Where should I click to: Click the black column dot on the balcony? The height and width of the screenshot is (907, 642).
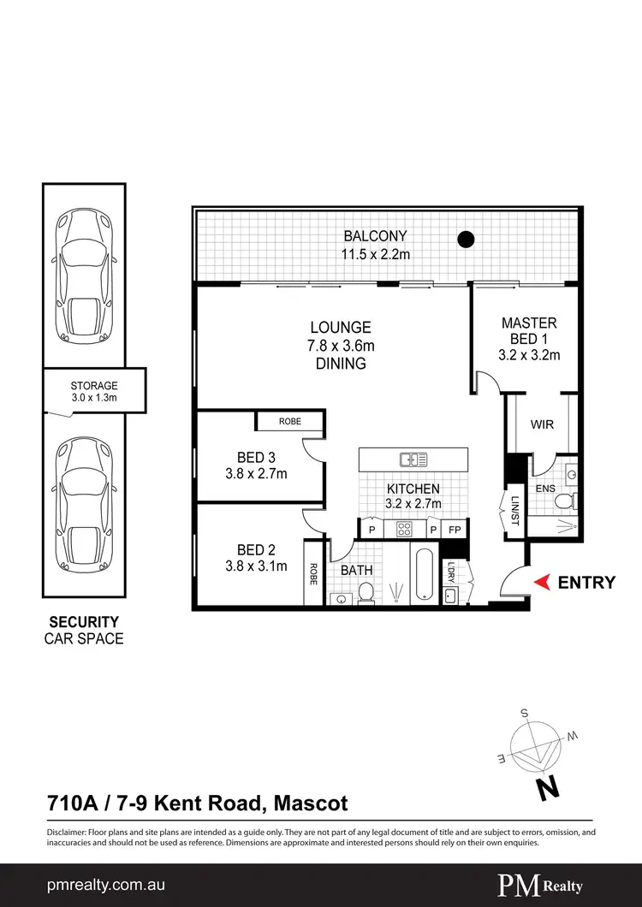click(465, 240)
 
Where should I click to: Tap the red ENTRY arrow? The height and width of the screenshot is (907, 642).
click(541, 583)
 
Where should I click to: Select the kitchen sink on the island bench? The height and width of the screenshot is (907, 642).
click(413, 459)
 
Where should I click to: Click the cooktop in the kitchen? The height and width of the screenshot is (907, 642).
click(404, 529)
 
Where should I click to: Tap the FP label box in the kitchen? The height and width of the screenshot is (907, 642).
click(455, 530)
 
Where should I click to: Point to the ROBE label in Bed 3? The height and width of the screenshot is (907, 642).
click(290, 422)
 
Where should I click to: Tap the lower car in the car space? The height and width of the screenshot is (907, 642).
click(82, 507)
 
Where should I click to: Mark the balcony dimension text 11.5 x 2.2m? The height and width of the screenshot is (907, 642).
click(375, 254)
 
